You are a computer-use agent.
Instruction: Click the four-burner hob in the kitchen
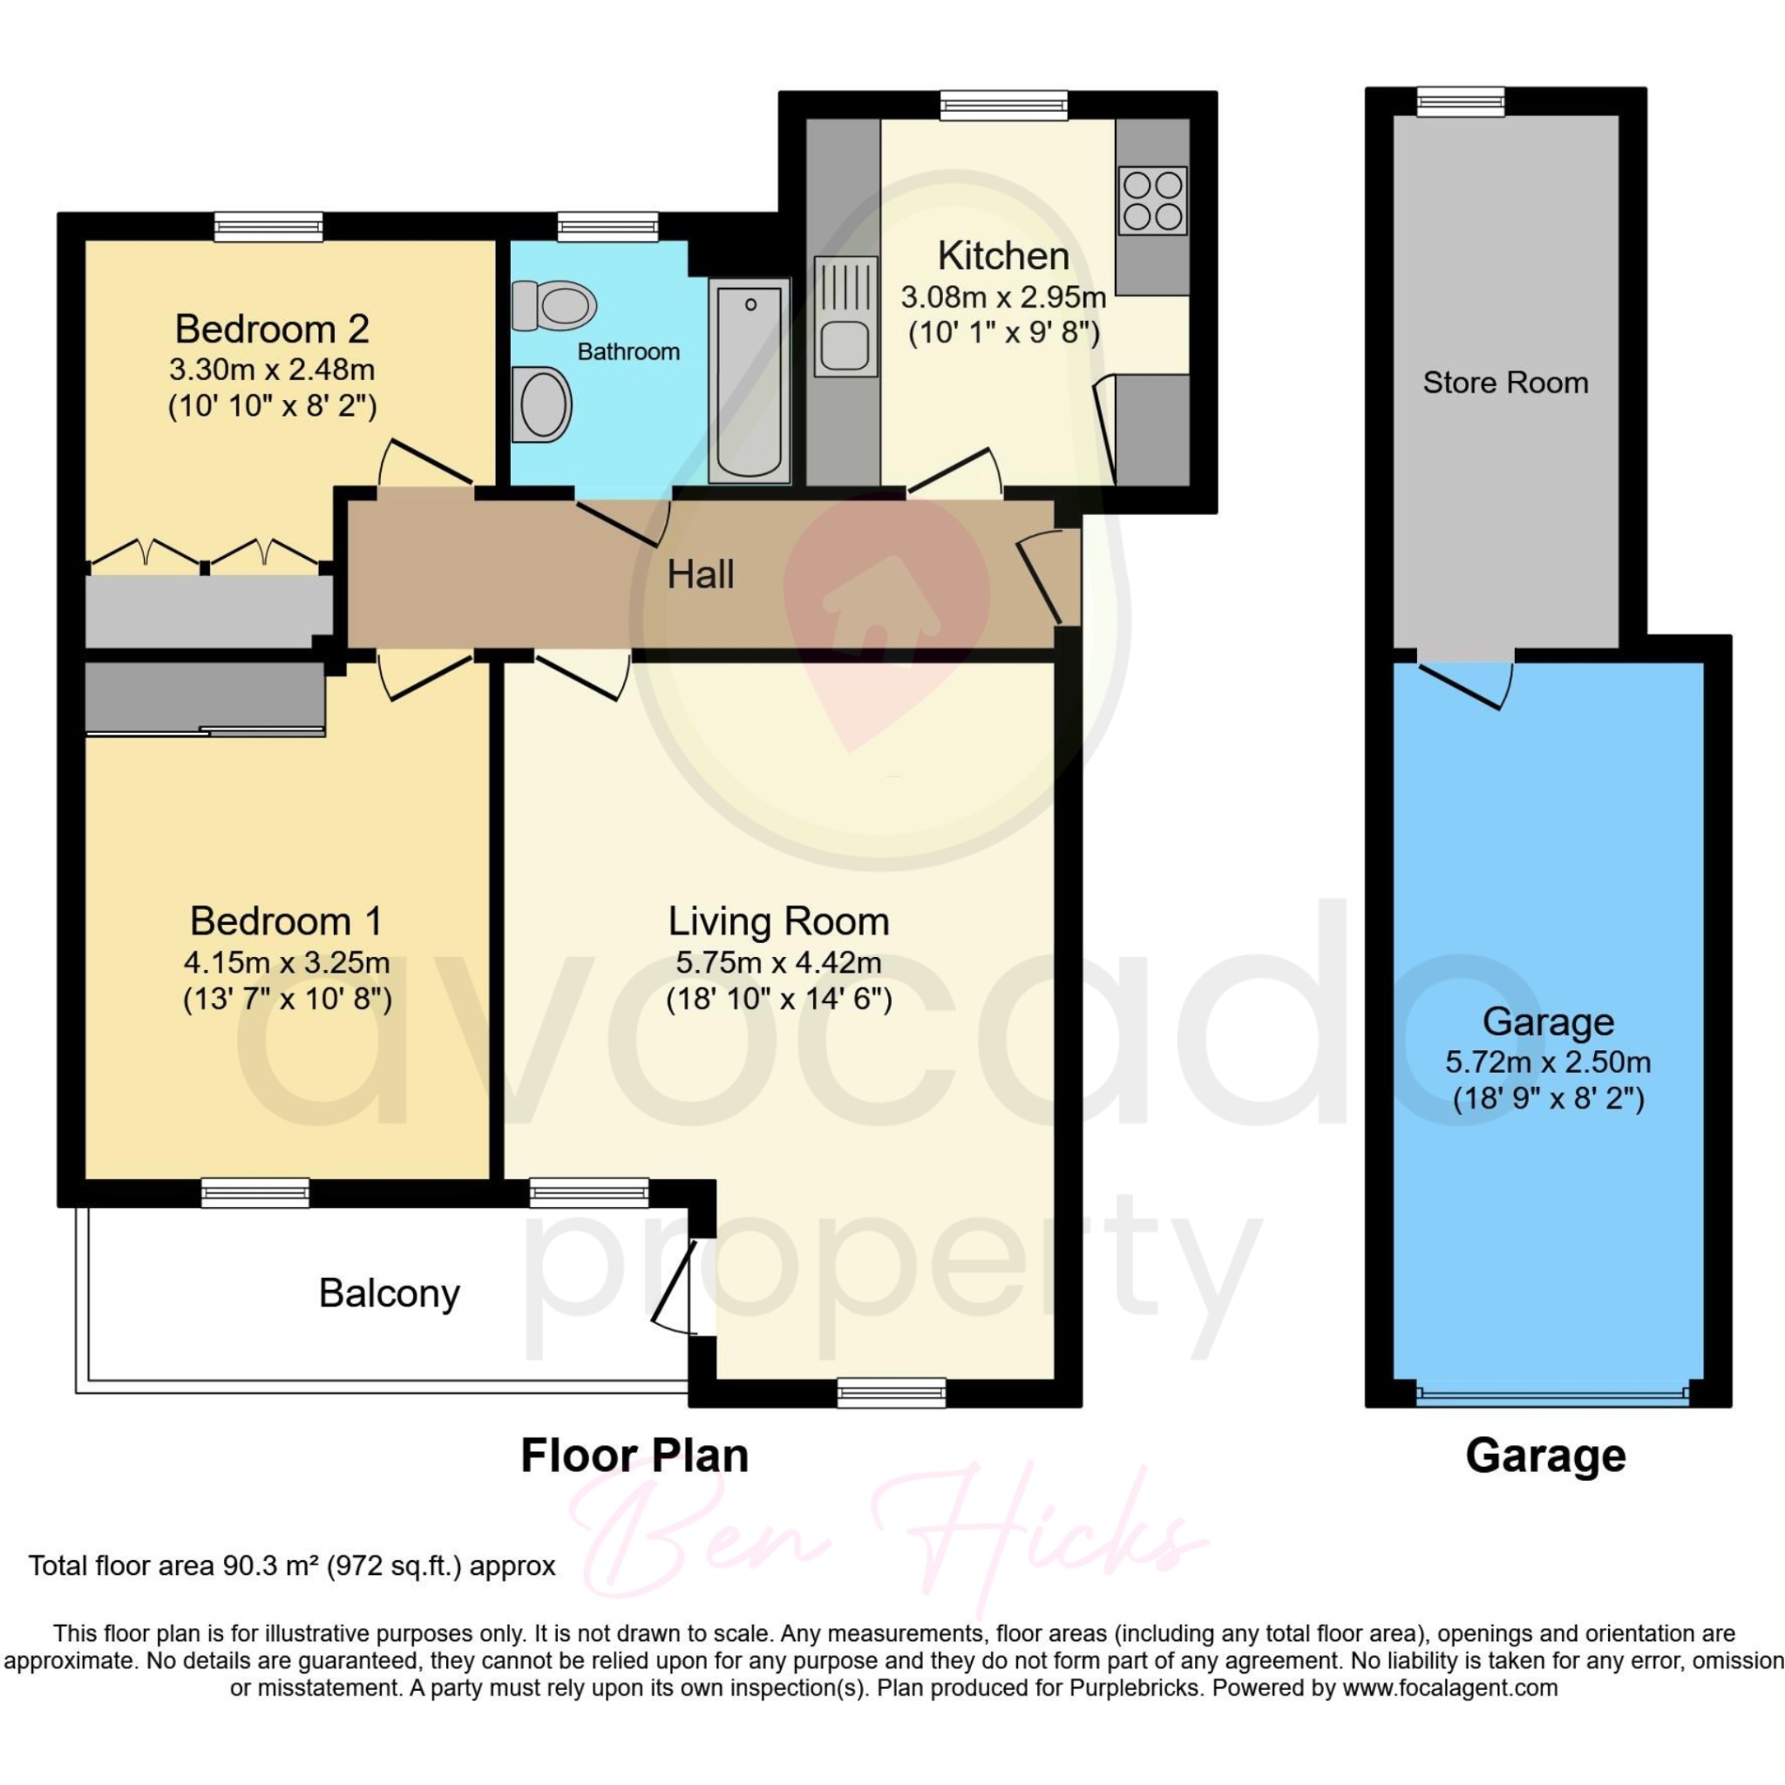(1152, 200)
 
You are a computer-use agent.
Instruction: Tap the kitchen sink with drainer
(845, 317)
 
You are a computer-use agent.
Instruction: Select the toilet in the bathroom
(553, 305)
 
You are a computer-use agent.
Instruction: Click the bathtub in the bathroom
(750, 382)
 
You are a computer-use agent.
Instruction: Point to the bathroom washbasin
(542, 404)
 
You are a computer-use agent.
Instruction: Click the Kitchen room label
(1003, 256)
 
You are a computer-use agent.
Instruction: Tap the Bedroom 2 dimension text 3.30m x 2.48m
(272, 370)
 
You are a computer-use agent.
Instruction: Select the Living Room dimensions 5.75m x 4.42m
(778, 963)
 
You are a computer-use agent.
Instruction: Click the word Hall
(701, 574)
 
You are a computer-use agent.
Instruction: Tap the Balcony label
(389, 1293)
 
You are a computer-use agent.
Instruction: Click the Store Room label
(1505, 383)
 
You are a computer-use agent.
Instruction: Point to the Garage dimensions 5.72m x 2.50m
(1548, 1062)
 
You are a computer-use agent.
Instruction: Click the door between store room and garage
(1467, 682)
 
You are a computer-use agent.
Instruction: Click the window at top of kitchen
(1003, 105)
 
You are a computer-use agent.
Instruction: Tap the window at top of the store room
(1461, 101)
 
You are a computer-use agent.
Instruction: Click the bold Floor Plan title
(635, 1456)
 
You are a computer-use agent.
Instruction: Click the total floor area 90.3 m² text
(292, 1566)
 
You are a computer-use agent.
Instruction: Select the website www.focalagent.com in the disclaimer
(1449, 1688)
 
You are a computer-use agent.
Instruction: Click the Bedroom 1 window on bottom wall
(255, 1193)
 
